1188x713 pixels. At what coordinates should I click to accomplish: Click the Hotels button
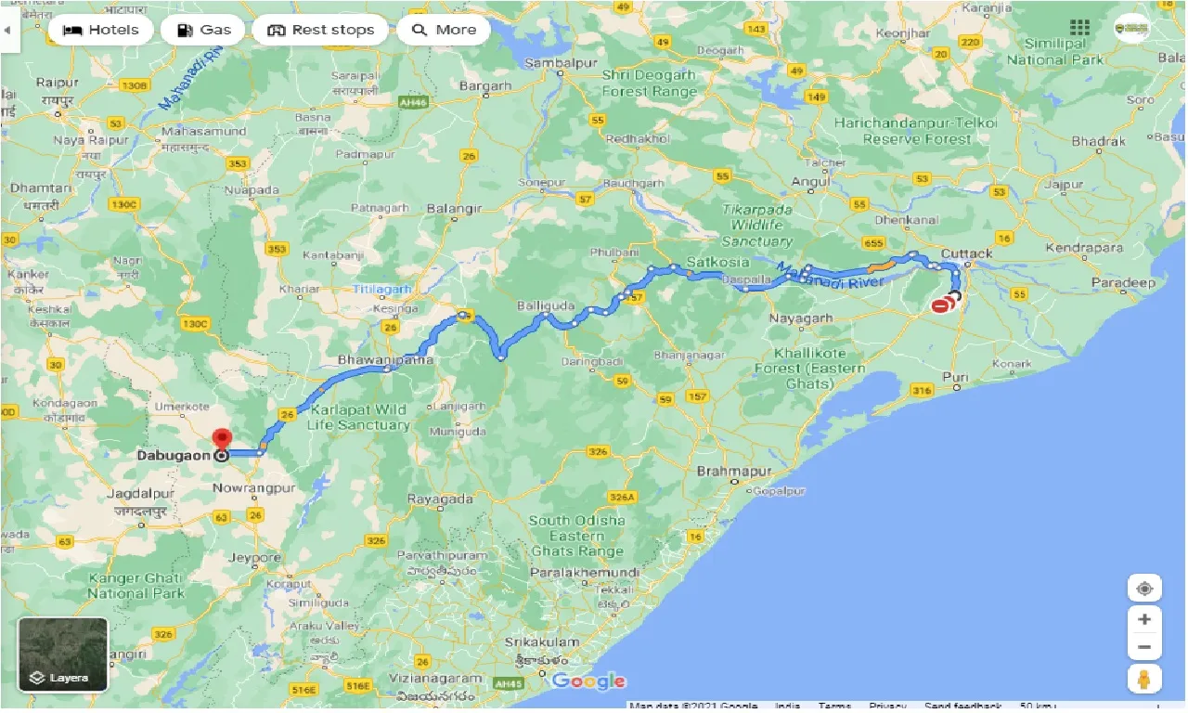coord(100,30)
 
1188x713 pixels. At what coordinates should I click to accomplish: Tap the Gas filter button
coord(202,30)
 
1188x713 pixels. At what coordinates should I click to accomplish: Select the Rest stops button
coord(320,30)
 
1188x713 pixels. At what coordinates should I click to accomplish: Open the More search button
coord(444,30)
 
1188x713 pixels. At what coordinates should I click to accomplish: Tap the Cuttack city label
coord(966,253)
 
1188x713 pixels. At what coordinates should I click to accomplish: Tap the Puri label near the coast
coord(954,376)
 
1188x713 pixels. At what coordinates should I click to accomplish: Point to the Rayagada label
coord(440,499)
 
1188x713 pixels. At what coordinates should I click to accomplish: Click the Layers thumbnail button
coord(63,655)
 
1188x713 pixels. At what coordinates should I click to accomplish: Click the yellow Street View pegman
coord(1144,678)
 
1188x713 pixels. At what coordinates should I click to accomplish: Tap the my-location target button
coord(1144,589)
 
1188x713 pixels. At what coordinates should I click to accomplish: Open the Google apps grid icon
coord(1079,28)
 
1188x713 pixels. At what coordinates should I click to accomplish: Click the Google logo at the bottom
coord(588,681)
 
